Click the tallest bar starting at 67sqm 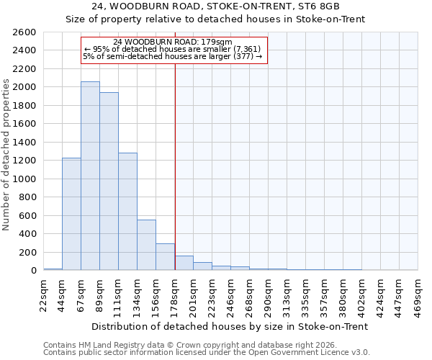coord(90,176)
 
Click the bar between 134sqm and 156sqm coord(146,245)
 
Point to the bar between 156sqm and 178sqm coord(165,256)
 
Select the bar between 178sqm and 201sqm coord(184,263)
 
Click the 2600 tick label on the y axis coord(24,32)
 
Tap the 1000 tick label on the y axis coord(24,179)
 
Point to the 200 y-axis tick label coord(27,252)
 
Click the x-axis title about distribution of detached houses coord(230,326)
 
